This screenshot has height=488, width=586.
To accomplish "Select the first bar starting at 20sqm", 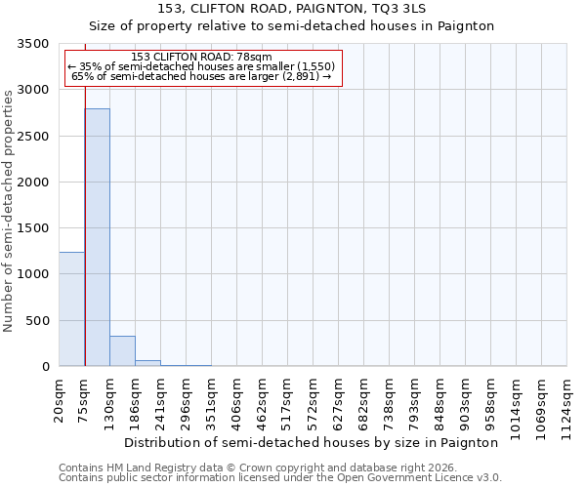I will [x=72, y=308].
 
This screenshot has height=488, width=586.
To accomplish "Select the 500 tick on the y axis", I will [x=37, y=321].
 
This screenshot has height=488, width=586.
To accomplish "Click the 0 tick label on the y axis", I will [x=45, y=367].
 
